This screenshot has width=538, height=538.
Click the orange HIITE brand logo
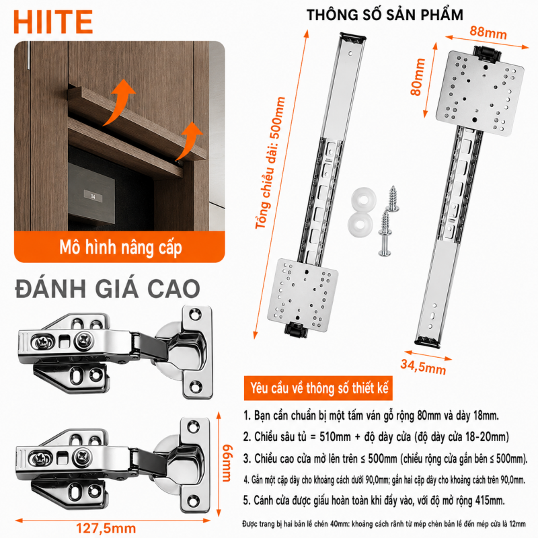coord(53,22)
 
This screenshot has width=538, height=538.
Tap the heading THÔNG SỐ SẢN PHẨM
coord(385,15)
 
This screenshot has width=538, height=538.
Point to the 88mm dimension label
coord(488,32)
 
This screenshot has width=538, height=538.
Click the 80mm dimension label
coord(418,77)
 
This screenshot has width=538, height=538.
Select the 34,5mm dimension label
coord(423,367)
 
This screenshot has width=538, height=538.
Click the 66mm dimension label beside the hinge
coord(227,463)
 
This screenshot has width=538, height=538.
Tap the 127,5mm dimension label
coord(106,529)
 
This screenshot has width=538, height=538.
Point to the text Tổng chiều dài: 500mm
coord(270,163)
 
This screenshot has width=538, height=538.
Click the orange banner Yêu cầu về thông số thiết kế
coord(318,388)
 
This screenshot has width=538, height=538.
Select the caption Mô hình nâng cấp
coord(120,247)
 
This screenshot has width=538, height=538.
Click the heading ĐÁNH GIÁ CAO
coord(108,289)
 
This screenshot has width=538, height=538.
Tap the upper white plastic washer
coord(363,199)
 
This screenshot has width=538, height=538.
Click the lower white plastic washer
coord(360,225)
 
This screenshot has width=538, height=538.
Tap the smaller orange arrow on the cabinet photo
coord(189,141)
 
